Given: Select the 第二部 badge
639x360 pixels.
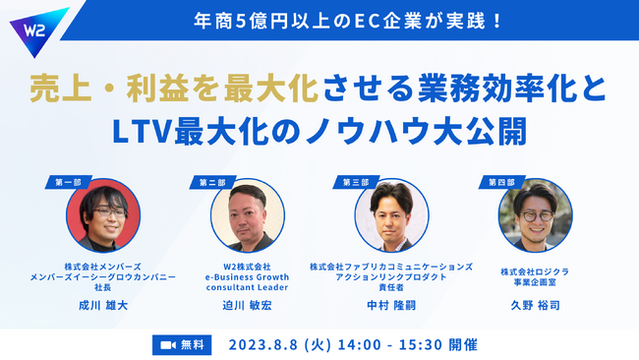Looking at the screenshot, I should tap(212, 182).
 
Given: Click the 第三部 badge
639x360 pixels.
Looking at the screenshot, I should tap(356, 182).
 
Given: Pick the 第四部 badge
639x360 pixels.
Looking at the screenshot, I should tap(499, 182).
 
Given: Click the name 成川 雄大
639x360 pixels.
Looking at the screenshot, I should tap(103, 307).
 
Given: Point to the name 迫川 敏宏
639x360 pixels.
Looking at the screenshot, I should tap(248, 307).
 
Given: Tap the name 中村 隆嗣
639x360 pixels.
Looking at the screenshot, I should tap(391, 307).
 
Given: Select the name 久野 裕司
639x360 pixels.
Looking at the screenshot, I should tap(535, 307).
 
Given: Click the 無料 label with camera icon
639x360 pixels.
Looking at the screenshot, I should tap(182, 344).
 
